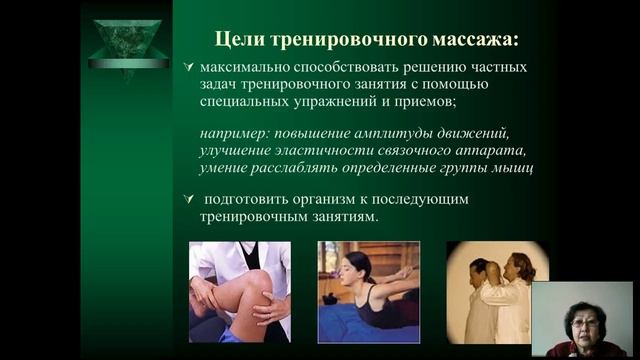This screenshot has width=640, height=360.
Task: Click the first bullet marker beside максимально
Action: (x=188, y=67)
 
